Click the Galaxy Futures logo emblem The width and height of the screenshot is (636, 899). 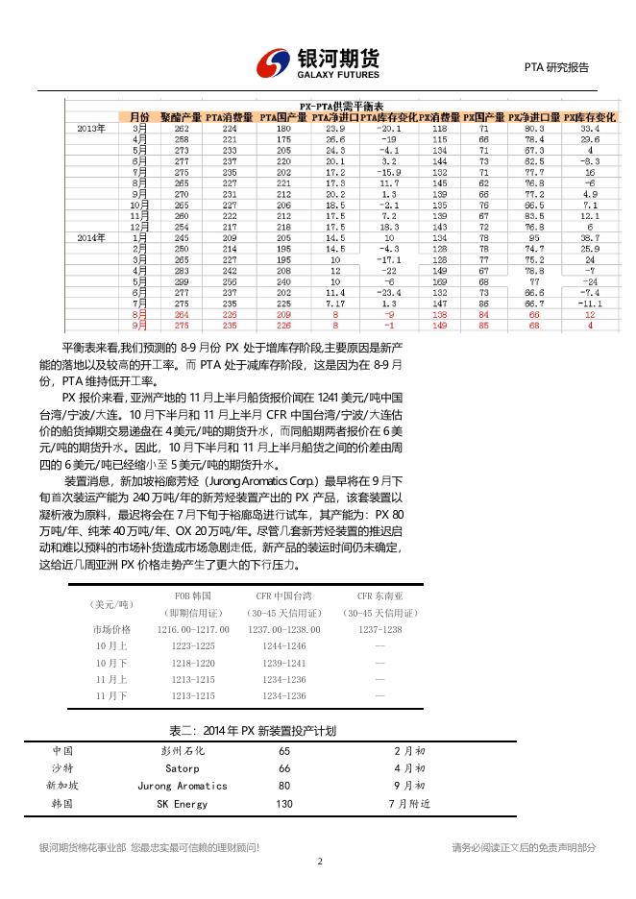tap(274, 64)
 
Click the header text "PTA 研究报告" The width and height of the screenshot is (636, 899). tap(556, 67)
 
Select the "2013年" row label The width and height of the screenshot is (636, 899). tap(92, 127)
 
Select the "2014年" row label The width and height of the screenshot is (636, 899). tap(92, 236)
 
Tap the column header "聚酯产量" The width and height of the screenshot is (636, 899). tap(181, 116)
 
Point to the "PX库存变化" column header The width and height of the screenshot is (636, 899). tap(589, 116)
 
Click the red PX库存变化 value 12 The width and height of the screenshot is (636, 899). tap(589, 314)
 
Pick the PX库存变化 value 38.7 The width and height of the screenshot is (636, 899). tap(589, 236)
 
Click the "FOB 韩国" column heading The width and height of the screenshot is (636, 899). tap(192, 596)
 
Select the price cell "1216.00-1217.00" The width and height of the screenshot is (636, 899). tap(193, 629)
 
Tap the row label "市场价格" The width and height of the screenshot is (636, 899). tap(111, 629)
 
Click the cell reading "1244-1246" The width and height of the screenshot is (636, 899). tap(284, 645)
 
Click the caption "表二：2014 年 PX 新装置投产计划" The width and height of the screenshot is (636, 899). tap(253, 731)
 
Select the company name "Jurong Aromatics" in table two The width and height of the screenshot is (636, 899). tap(183, 785)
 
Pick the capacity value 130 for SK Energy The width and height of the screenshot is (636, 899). tap(284, 803)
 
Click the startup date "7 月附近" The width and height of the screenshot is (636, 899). tap(409, 803)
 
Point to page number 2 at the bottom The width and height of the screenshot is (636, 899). tap(318, 862)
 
